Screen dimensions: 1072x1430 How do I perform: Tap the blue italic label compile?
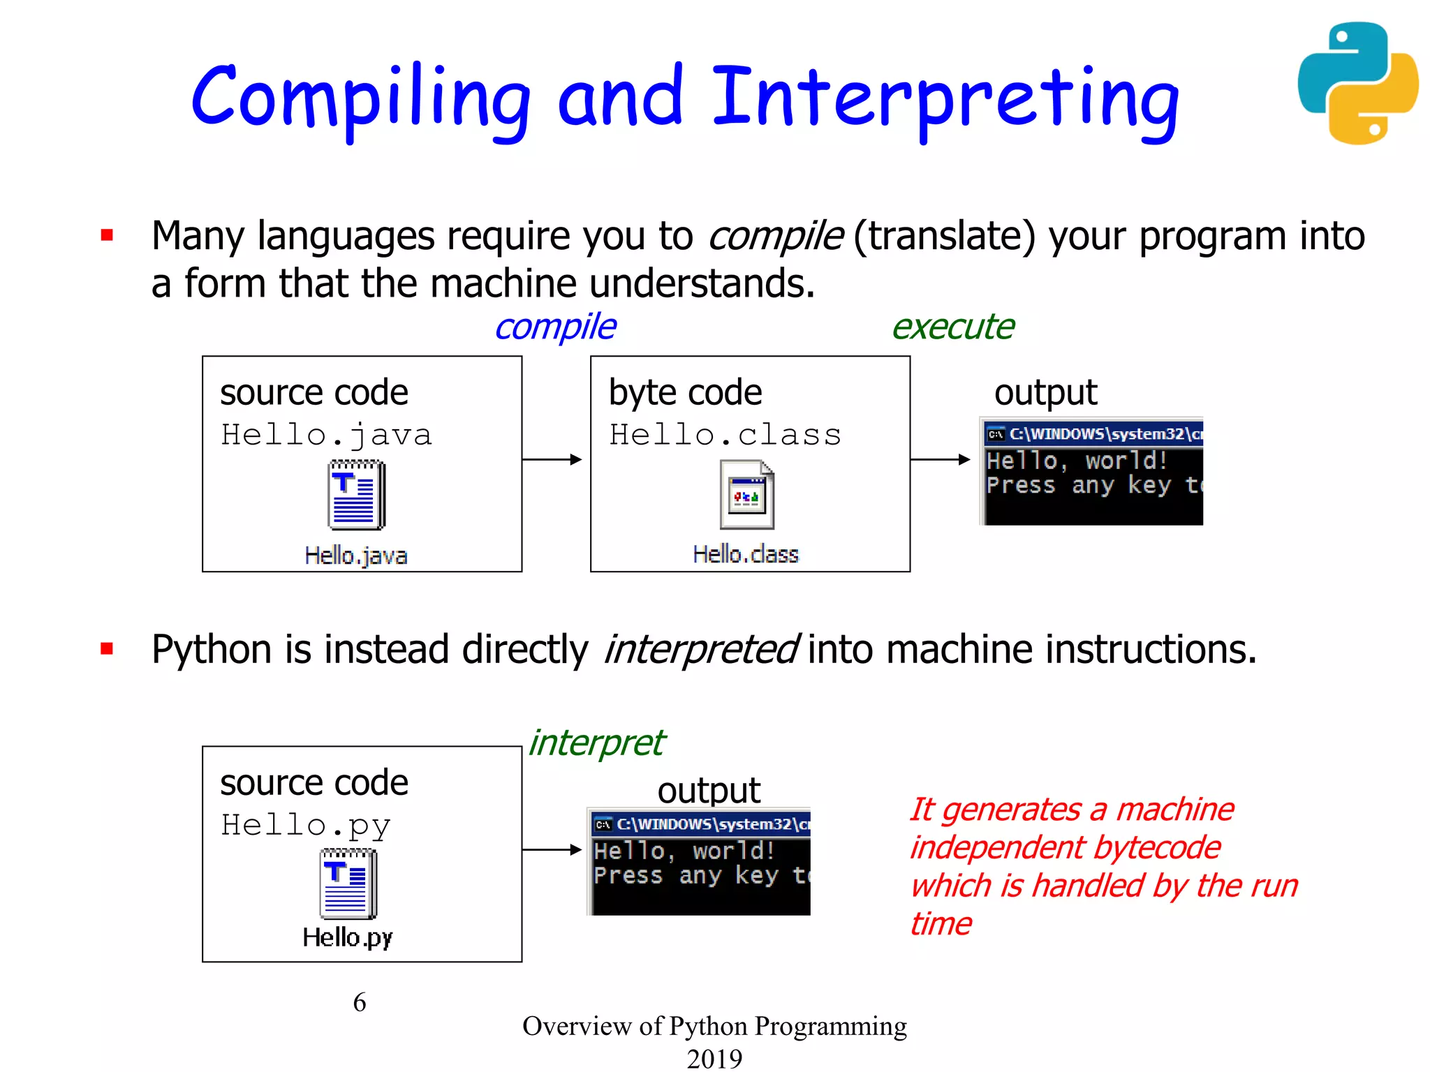point(555,327)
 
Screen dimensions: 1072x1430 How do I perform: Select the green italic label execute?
point(952,327)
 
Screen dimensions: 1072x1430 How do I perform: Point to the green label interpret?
point(596,743)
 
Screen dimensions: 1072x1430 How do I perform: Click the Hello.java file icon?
point(356,494)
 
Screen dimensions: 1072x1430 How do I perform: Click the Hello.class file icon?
point(746,494)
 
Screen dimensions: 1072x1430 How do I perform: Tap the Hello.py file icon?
point(348,884)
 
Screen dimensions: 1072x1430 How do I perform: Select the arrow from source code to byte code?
point(552,459)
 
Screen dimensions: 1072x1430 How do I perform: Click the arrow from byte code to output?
point(940,459)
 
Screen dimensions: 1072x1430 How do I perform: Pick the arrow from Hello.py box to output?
point(552,849)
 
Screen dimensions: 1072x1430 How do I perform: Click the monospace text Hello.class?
point(725,435)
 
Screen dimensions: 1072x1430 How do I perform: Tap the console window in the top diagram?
point(1092,472)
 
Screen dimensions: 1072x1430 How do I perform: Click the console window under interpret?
point(699,862)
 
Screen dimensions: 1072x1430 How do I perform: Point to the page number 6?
point(359,1002)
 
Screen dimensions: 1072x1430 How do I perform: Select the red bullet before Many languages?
point(107,235)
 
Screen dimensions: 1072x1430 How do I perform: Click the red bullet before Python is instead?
point(107,649)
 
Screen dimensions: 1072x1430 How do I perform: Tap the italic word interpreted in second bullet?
point(700,650)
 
